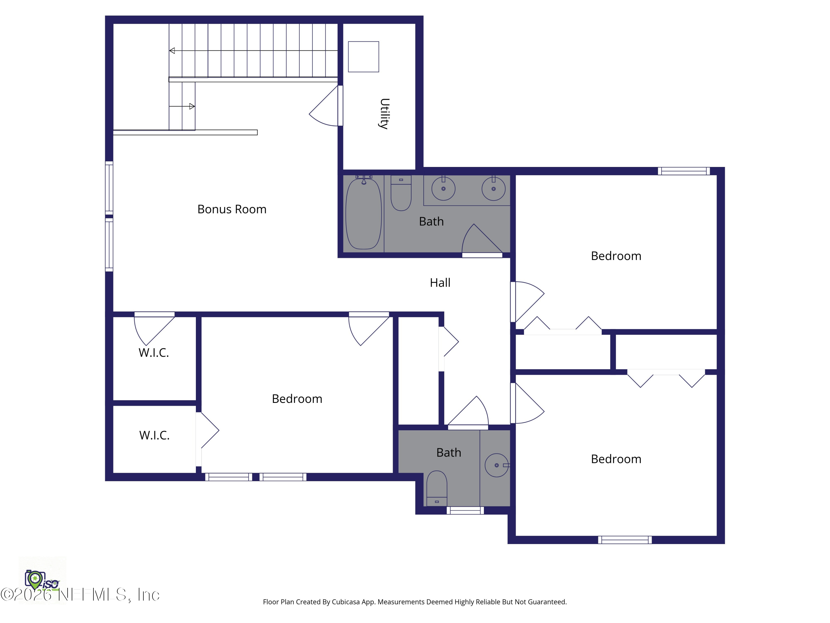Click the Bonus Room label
(x=232, y=209)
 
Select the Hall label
(x=440, y=282)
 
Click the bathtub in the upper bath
(x=363, y=214)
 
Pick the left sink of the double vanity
(x=443, y=189)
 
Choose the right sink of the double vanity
(x=493, y=189)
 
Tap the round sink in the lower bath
(x=496, y=465)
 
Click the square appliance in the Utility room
(x=363, y=57)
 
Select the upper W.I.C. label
(x=154, y=353)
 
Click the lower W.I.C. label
(x=154, y=435)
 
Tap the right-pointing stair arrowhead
(x=192, y=106)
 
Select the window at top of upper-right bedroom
(x=683, y=171)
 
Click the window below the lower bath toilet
(x=465, y=510)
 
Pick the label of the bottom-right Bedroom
(x=616, y=459)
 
